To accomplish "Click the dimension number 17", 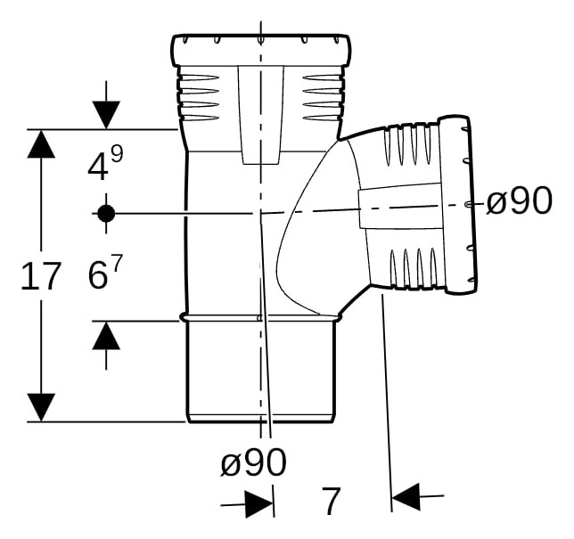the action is click(x=41, y=276).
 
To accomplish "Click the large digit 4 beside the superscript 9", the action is click(x=98, y=167).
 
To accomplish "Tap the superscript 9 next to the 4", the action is click(x=117, y=154).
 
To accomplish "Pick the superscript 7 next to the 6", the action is click(x=116, y=262).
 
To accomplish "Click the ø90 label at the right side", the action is click(x=519, y=200).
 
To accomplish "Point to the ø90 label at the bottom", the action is click(x=253, y=462).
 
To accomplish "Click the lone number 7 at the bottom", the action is click(x=331, y=500).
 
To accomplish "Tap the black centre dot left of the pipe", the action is click(x=106, y=213).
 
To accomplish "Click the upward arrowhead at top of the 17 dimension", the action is click(x=41, y=143).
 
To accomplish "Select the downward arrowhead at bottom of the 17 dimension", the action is click(x=41, y=407).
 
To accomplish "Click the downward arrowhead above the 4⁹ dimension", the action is click(x=106, y=115).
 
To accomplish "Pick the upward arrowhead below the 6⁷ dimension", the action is click(x=106, y=336).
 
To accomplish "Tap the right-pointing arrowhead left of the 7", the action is click(x=258, y=504).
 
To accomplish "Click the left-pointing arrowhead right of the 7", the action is click(x=406, y=497).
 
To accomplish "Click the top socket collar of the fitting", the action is click(x=261, y=51).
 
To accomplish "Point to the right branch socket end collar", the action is click(x=458, y=204).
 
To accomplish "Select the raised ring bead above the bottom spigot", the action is click(x=260, y=318).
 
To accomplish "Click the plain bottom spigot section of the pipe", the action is click(x=261, y=372).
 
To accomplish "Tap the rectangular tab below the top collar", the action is click(x=261, y=115).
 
